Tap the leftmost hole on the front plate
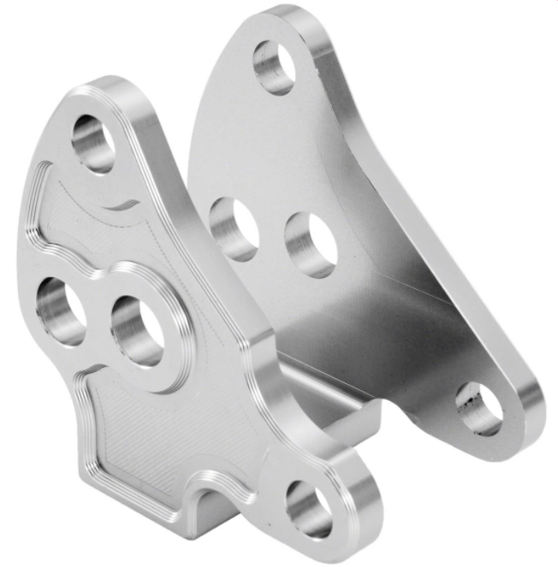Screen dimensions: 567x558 60,310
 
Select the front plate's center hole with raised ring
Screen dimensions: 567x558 138,330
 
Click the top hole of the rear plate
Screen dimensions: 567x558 275,67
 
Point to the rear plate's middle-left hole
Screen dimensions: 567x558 234,228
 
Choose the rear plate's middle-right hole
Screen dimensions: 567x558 310,244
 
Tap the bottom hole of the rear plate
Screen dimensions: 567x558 479,408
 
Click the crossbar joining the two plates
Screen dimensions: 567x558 334,406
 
